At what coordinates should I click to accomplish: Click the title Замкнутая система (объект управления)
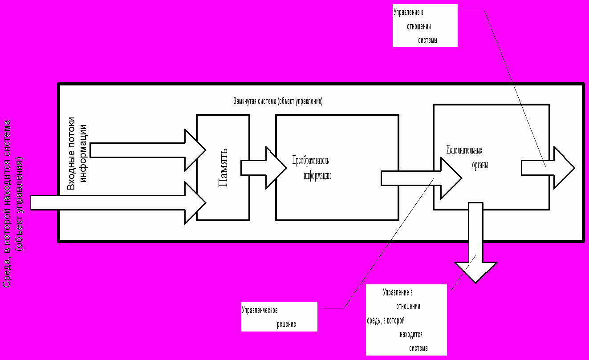click(278, 101)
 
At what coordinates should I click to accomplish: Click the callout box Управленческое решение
click(279, 316)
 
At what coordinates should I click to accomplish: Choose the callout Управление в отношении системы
click(425, 25)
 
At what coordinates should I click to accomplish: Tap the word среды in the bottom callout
click(373, 320)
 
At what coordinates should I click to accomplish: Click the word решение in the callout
click(286, 324)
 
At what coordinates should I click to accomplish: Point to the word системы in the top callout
click(428, 40)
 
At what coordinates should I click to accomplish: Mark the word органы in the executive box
click(479, 165)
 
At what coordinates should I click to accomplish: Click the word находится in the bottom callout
click(411, 334)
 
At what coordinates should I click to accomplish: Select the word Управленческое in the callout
click(263, 310)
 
